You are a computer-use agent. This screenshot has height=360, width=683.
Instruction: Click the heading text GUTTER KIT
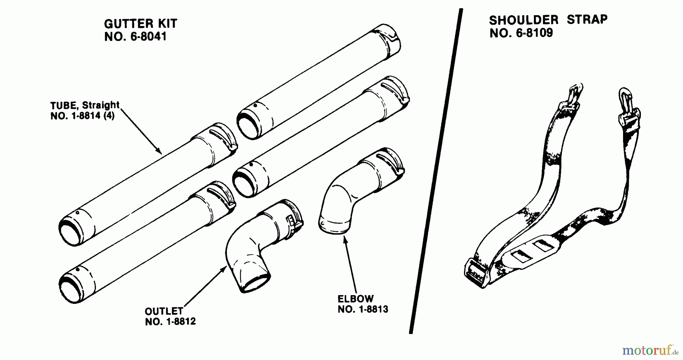[x=140, y=24]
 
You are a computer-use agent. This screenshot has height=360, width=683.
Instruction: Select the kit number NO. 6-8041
[x=135, y=37]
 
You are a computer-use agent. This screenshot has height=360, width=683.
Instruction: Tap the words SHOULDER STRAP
[x=548, y=20]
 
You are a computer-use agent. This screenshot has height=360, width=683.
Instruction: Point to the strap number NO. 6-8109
[x=521, y=33]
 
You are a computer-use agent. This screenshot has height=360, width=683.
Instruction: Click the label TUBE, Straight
[x=85, y=105]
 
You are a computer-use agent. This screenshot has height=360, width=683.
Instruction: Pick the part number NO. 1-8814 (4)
[x=82, y=116]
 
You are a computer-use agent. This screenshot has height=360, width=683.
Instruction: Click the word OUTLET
[x=164, y=311]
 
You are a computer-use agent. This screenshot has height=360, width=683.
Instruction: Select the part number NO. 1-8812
[x=170, y=322]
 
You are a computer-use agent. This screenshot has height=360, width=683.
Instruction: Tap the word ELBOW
[x=356, y=299]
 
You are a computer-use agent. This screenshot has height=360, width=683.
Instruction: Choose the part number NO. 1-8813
[x=363, y=310]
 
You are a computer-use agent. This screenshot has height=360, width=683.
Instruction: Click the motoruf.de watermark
[x=650, y=350]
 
